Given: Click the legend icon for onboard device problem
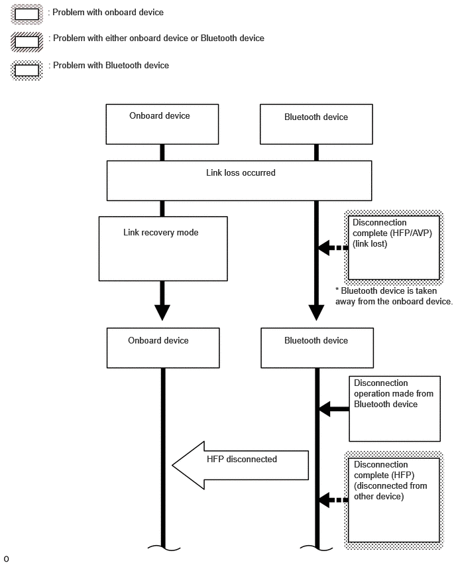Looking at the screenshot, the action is (x=27, y=14).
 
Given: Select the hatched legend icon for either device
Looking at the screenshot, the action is (x=27, y=41).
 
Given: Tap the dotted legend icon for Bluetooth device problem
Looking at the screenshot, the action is (x=27, y=70).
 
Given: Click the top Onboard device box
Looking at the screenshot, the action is (x=162, y=124).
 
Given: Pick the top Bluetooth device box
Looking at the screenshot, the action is (x=316, y=124).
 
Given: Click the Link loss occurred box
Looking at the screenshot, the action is (x=239, y=180).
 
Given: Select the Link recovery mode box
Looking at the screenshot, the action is (x=163, y=249).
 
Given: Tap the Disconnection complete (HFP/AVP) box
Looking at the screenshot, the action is (x=394, y=247).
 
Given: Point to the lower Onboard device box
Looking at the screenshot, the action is (x=163, y=347).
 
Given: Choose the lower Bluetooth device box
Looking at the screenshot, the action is (x=317, y=347).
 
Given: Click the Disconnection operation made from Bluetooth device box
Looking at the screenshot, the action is (x=394, y=408).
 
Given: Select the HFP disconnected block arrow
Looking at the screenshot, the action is (x=240, y=465).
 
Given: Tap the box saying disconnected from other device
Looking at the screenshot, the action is (x=394, y=500).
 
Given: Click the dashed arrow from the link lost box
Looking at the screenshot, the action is (x=333, y=247).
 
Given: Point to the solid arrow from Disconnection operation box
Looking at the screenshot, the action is (x=334, y=409).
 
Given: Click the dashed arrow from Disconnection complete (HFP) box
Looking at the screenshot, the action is (x=333, y=500).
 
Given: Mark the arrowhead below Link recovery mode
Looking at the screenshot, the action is (x=162, y=312).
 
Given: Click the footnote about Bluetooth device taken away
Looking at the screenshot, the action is (x=394, y=296).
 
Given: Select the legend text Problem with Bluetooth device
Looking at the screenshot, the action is (x=111, y=65).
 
